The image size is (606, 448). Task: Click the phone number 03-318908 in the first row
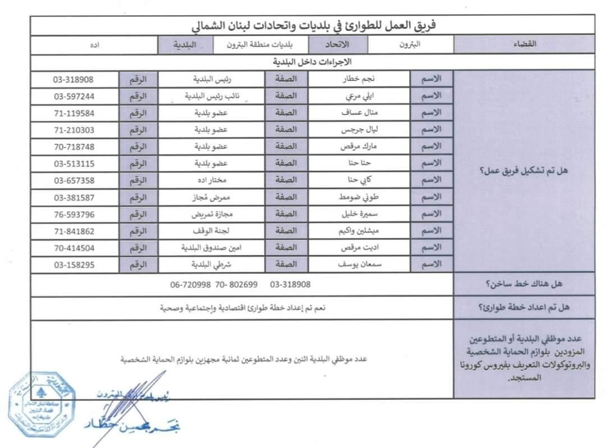tap(74, 79)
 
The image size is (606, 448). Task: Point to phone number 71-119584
tap(74, 113)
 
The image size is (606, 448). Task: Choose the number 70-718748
tap(74, 146)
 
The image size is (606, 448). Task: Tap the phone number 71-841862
tap(74, 230)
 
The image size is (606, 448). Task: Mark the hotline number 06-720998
tap(191, 285)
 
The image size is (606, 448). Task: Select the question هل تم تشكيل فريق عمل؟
tap(524, 171)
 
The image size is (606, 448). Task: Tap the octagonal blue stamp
tap(42, 403)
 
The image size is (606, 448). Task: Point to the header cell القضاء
tap(524, 44)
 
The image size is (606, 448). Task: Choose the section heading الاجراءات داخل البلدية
tap(311, 61)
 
